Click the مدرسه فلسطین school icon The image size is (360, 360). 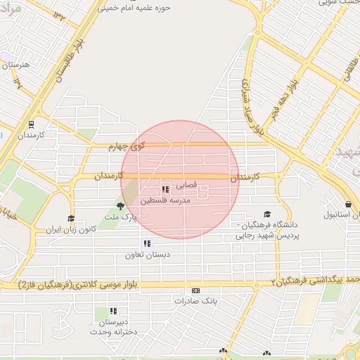click(x=165, y=190)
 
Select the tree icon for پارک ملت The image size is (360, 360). click(x=120, y=206)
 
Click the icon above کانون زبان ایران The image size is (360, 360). click(x=70, y=219)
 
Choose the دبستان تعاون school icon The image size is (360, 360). click(x=147, y=243)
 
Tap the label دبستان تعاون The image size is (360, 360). click(x=146, y=255)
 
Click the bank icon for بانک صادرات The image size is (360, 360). click(x=195, y=290)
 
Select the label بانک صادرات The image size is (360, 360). click(x=195, y=301)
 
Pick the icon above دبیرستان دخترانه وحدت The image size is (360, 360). click(x=113, y=310)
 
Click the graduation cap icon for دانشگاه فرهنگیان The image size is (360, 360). click(x=266, y=214)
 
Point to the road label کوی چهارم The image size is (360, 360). click(x=127, y=147)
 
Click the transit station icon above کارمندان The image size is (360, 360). click(x=31, y=122)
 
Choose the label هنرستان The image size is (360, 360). click(x=15, y=65)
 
